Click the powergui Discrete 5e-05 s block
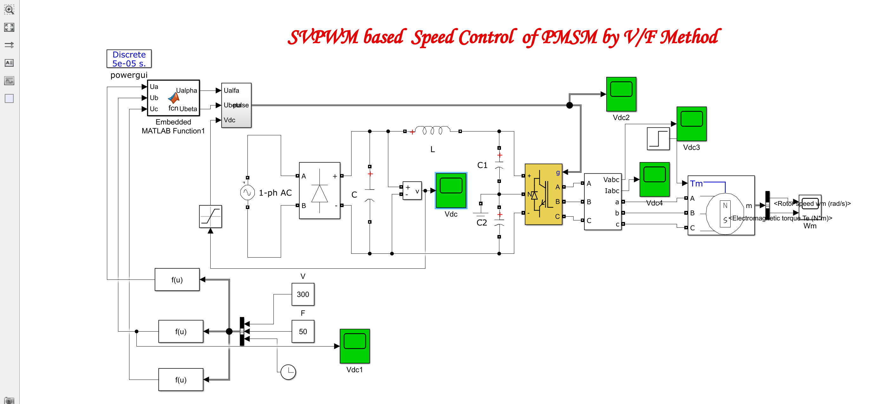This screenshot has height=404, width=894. coord(129,59)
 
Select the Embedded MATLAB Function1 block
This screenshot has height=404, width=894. coord(173,98)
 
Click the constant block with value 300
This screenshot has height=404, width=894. coord(303,294)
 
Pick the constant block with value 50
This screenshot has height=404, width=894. coord(303,331)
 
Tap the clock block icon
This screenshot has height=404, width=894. coord(288,372)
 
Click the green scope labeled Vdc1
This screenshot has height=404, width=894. coord(354,346)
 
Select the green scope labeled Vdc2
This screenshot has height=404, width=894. coord(621,94)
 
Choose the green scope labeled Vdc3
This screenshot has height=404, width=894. coord(691,124)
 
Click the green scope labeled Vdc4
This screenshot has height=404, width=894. coord(654,179)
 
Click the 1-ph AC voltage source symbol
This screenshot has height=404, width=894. coord(247,192)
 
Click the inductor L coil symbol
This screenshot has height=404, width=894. coord(432,131)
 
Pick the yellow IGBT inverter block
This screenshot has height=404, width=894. coord(543,194)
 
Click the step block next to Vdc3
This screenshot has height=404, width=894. coord(658,138)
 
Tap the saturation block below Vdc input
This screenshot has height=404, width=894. coord(210,216)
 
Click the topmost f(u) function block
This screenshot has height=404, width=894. coord(177,279)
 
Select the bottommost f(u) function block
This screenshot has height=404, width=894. coord(181,380)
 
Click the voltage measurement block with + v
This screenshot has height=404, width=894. coord(412,190)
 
